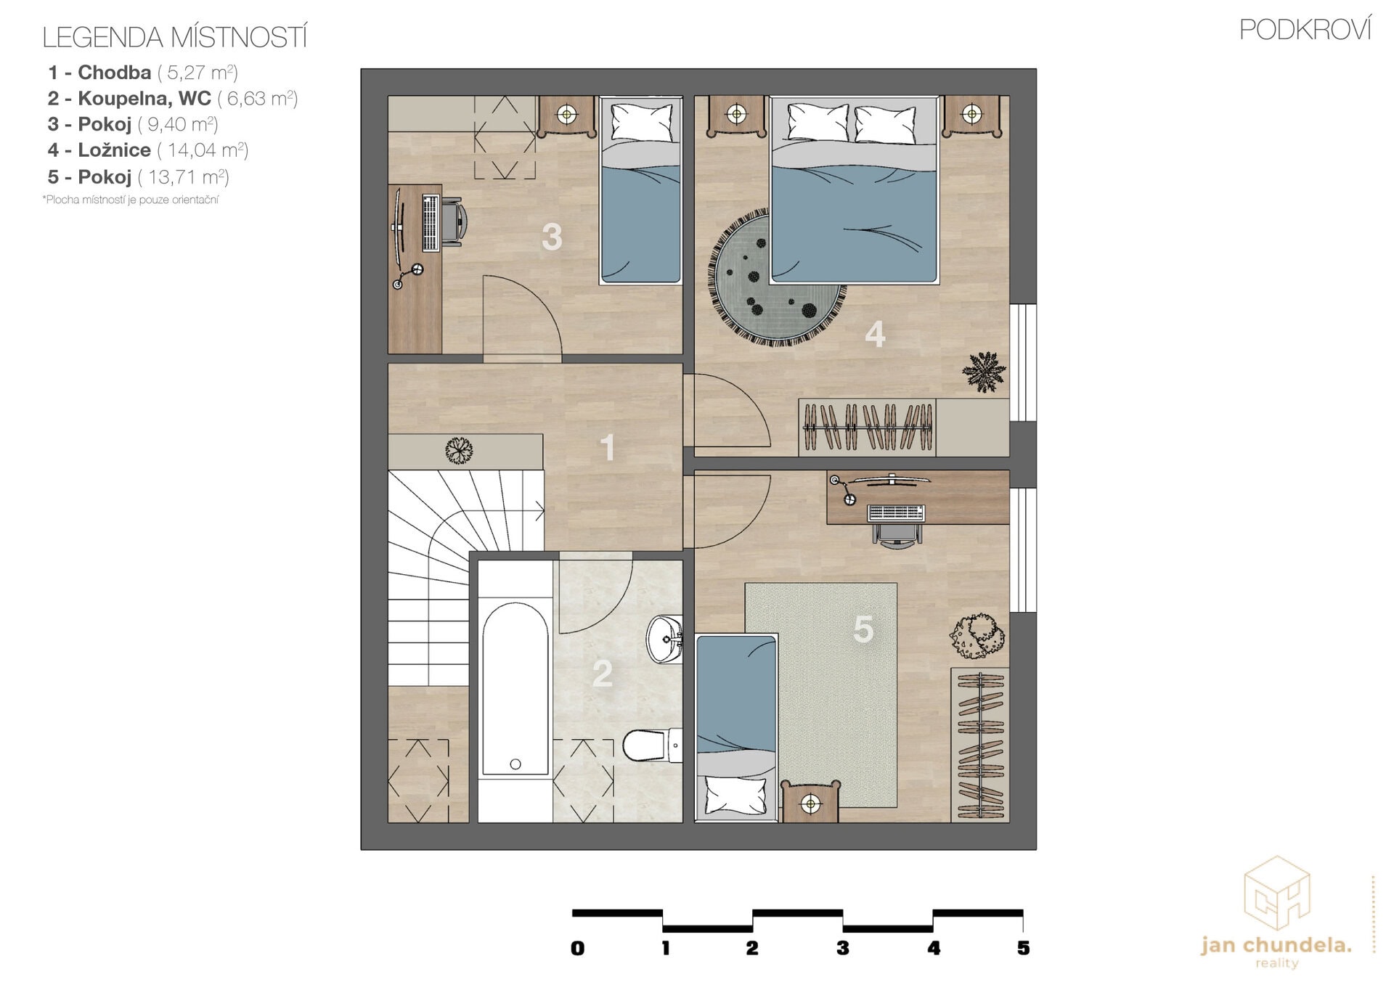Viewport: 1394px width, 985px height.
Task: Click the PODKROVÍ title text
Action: (1305, 30)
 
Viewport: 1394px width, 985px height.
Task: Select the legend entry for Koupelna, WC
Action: (173, 98)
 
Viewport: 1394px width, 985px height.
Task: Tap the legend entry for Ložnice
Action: (148, 150)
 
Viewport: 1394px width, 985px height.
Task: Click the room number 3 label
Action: (552, 237)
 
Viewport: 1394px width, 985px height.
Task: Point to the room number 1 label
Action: (608, 447)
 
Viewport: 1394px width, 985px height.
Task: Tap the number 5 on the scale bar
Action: (1023, 947)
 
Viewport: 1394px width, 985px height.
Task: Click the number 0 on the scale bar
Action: (577, 947)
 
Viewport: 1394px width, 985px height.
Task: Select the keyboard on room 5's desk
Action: (896, 513)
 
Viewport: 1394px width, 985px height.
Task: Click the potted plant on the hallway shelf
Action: (459, 451)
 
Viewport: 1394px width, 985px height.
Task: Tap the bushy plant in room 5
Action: (977, 636)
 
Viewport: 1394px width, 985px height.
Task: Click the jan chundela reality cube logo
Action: (1276, 893)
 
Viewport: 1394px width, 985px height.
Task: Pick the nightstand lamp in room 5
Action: (810, 804)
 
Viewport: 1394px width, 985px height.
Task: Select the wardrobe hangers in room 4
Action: (867, 428)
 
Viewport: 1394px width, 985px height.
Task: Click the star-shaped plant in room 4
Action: (984, 372)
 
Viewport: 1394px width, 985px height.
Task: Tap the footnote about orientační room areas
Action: (131, 200)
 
